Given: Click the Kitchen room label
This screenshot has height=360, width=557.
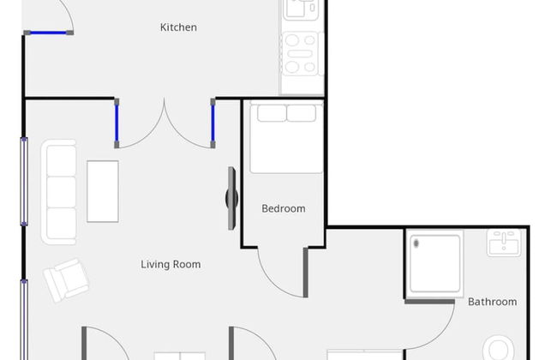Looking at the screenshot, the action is [178, 27].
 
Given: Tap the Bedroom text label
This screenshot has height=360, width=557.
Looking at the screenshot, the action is [284, 208].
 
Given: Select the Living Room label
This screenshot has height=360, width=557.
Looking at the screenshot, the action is [171, 264].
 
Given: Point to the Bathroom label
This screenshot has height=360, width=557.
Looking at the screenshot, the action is [493, 302].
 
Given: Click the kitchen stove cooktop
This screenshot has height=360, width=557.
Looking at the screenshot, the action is [300, 53].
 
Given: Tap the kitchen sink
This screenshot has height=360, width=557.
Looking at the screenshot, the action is [301, 9].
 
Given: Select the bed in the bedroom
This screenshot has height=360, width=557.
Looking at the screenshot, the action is [286, 137].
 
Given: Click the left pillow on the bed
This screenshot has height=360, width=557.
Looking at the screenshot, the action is [272, 113].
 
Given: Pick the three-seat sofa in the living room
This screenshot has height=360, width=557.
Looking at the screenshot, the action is [59, 192].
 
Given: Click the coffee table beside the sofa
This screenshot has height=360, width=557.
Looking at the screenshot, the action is [103, 191].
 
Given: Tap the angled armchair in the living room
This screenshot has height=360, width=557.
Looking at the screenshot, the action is [66, 280].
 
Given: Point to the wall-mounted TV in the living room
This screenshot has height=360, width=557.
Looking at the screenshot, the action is [231, 198].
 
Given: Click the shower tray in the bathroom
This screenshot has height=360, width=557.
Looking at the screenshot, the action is [435, 263].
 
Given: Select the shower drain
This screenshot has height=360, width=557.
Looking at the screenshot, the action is [416, 243].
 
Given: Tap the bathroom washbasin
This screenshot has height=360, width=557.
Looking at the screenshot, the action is [504, 243].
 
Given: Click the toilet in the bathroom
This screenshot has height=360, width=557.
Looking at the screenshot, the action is [499, 348].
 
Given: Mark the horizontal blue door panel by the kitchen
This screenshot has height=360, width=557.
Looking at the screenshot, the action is [48, 33].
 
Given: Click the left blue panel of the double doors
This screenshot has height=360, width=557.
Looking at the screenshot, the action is [117, 123].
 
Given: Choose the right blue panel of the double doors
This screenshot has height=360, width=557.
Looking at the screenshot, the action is [213, 123].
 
